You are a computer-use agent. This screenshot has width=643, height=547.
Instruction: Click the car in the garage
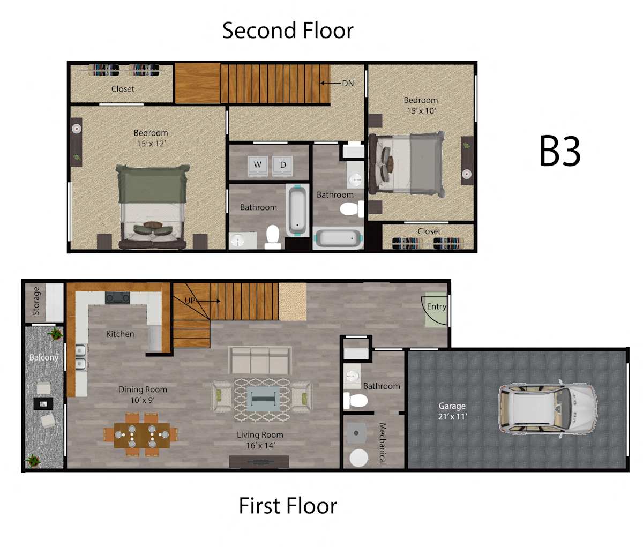(x=548, y=409)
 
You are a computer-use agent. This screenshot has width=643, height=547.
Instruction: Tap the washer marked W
(x=258, y=166)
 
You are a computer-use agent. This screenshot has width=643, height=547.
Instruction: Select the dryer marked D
(x=282, y=166)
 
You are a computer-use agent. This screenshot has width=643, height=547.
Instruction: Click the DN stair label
(x=348, y=84)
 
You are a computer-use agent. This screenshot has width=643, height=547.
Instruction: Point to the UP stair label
(x=190, y=301)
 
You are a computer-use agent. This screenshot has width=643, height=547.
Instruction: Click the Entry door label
(x=437, y=306)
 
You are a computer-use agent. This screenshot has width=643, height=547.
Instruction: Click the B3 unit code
(x=560, y=151)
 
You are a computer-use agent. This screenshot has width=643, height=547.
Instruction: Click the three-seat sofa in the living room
(x=260, y=360)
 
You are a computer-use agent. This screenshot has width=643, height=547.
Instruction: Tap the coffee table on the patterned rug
(x=261, y=399)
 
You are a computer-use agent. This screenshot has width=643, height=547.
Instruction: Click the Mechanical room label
(x=383, y=444)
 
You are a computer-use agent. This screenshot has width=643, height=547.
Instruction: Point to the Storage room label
(x=36, y=301)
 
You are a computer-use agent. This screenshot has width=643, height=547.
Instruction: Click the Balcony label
(x=44, y=358)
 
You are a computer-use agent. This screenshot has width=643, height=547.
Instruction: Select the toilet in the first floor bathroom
(x=355, y=400)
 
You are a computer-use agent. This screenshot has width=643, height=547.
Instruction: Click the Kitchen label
(x=120, y=334)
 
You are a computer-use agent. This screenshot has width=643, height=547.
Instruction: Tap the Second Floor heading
(x=288, y=31)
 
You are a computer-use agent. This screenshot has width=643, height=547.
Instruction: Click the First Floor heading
(x=288, y=506)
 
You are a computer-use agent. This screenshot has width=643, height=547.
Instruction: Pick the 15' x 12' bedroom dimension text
(x=152, y=144)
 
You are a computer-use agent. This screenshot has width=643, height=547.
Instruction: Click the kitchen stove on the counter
(x=117, y=297)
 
